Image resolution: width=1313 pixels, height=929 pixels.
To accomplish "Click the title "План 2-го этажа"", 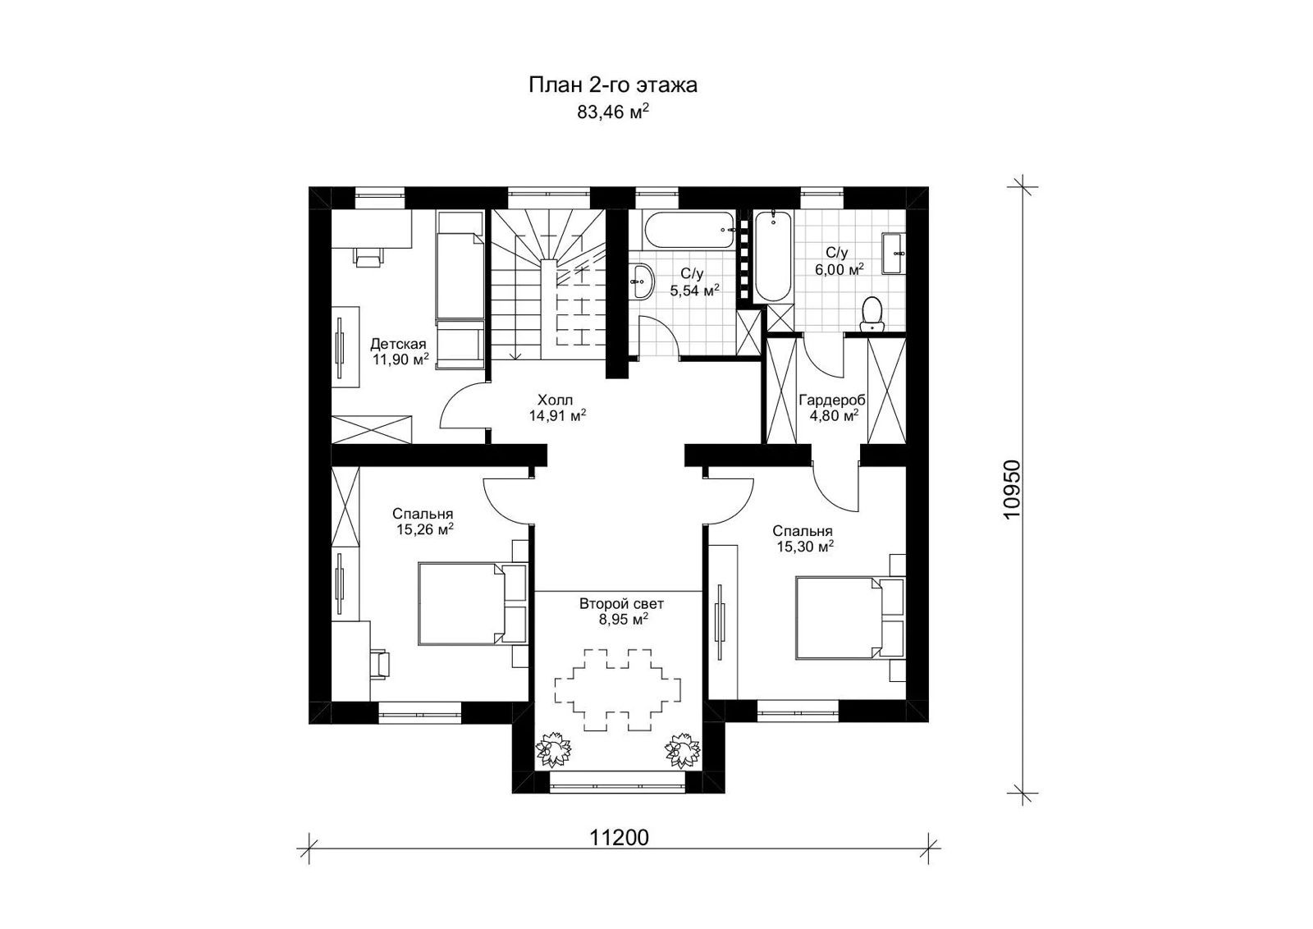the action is point(612,85).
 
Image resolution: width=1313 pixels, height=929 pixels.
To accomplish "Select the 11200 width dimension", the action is point(620,837).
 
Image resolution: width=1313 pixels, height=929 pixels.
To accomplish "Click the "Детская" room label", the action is point(397,343).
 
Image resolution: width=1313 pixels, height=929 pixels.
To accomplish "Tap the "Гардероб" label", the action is point(832,400).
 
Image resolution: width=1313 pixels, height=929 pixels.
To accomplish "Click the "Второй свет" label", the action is point(622,604).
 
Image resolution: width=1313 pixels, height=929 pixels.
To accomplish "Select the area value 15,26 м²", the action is point(425,530).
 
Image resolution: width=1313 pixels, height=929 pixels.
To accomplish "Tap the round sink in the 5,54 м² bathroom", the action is point(641,281).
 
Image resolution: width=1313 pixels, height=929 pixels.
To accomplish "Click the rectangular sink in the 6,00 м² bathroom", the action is point(893,253).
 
